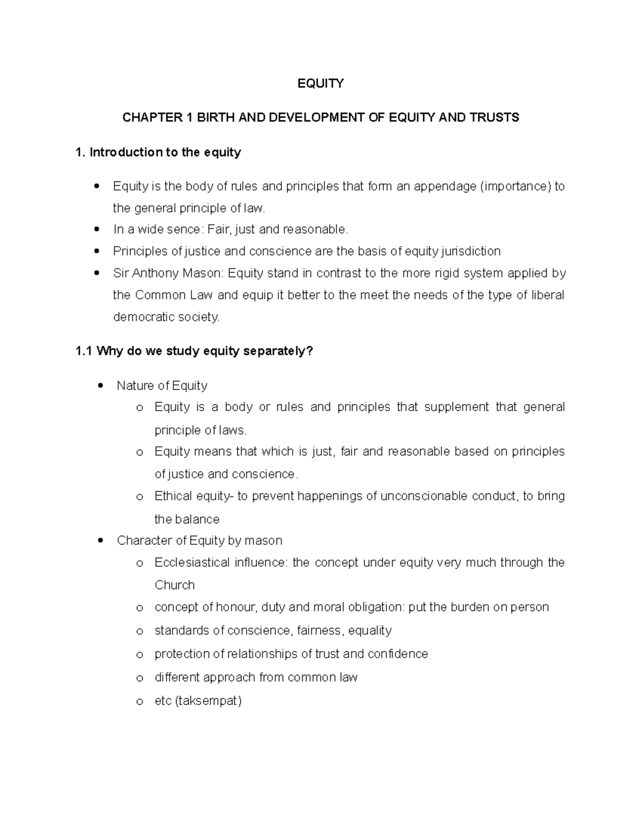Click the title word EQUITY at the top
(x=320, y=83)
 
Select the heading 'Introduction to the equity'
(x=165, y=153)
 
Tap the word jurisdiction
(x=471, y=251)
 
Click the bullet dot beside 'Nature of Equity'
(x=101, y=386)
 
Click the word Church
(x=174, y=585)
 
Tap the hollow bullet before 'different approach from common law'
(x=140, y=678)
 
